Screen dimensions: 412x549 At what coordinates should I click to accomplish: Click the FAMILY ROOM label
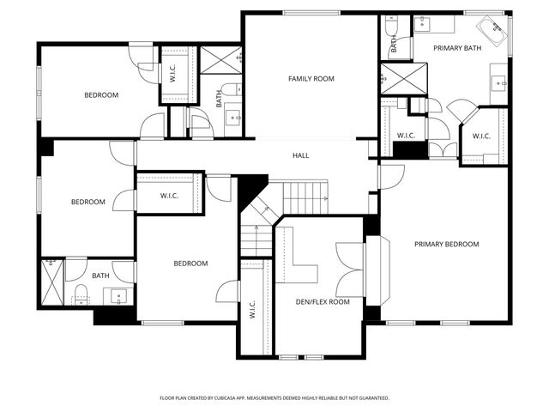[311, 79]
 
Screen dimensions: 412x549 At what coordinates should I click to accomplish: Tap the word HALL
[300, 155]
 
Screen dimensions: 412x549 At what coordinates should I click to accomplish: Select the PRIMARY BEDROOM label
[446, 245]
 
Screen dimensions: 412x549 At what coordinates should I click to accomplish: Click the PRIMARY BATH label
[457, 48]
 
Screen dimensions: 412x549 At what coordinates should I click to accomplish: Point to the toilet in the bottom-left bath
[79, 294]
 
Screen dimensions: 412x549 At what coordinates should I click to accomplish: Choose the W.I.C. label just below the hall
[169, 197]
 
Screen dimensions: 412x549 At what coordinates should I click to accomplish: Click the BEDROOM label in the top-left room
[100, 95]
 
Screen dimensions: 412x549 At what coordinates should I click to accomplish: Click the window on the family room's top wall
[310, 12]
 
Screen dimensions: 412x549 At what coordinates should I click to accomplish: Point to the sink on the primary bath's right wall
[499, 83]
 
